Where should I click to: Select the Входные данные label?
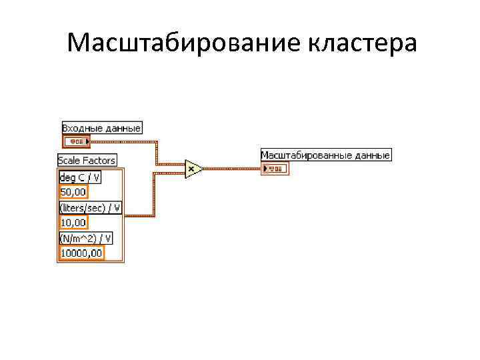(101, 127)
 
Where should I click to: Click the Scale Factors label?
(87, 160)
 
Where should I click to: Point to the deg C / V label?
(80, 177)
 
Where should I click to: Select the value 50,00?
(73, 192)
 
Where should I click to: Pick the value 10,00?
(73, 222)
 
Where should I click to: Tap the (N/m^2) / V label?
(86, 238)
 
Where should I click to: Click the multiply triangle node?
(193, 169)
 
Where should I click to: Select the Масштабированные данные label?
(325, 155)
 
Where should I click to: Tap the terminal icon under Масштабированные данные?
(276, 169)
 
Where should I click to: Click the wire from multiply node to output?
(233, 169)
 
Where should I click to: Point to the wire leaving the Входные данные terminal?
(123, 141)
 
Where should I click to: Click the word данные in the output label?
(370, 155)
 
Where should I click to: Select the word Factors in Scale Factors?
(100, 160)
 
